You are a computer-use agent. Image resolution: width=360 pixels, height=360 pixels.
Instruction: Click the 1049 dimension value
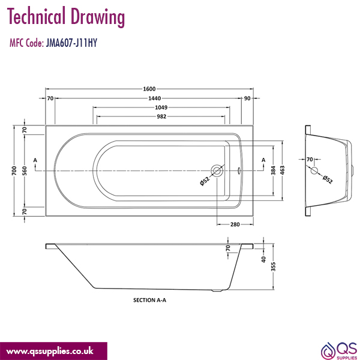[x=160, y=107]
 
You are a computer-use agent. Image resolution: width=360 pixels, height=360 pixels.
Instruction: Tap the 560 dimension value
[x=25, y=172]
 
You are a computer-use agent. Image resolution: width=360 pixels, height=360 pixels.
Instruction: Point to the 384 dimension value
[x=274, y=171]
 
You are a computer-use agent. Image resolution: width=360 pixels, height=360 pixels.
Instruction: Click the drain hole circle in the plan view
[x=217, y=172]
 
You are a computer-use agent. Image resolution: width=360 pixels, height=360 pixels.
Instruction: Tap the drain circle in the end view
[x=314, y=171]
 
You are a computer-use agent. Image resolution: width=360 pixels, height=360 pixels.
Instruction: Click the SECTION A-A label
[x=149, y=299]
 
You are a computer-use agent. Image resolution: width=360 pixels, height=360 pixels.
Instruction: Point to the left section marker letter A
[x=35, y=160]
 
